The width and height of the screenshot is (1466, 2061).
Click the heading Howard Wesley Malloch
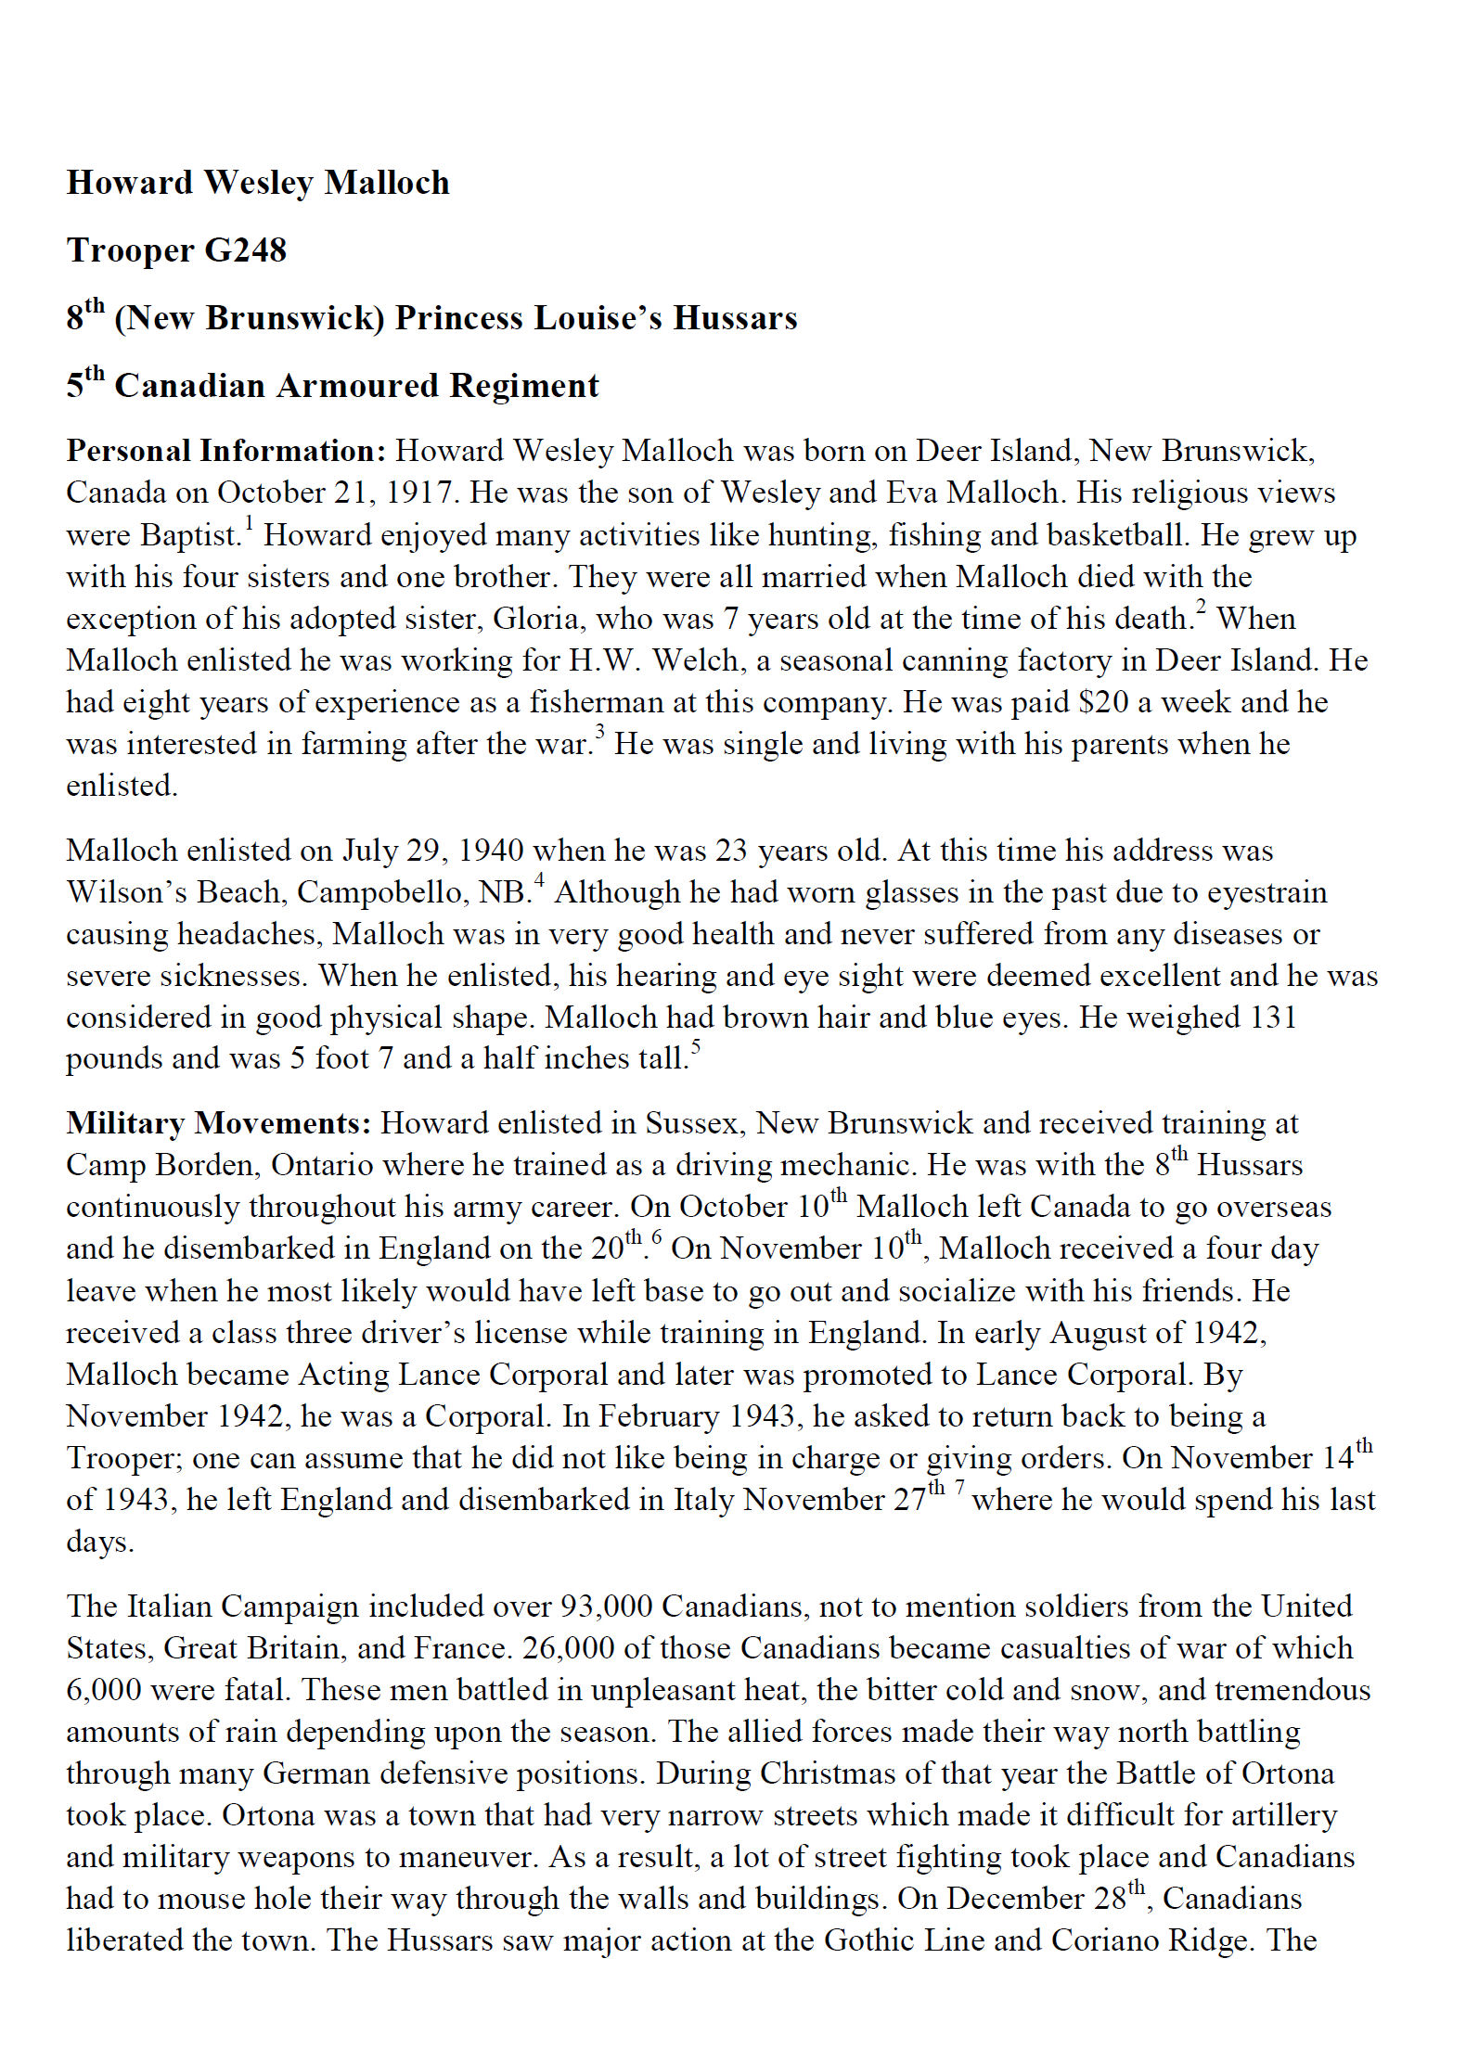pyautogui.click(x=257, y=183)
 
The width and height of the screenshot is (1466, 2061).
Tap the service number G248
pyautogui.click(x=245, y=250)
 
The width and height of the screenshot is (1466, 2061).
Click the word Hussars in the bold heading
pyautogui.click(x=735, y=318)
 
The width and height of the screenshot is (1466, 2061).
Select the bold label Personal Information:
pyautogui.click(x=225, y=451)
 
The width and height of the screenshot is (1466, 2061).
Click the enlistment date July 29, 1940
pyautogui.click(x=432, y=851)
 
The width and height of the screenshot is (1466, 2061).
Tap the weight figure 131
pyautogui.click(x=1272, y=1018)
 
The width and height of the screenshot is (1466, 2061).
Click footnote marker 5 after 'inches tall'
pyautogui.click(x=695, y=1048)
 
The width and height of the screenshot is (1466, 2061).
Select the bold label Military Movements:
pyautogui.click(x=218, y=1123)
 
